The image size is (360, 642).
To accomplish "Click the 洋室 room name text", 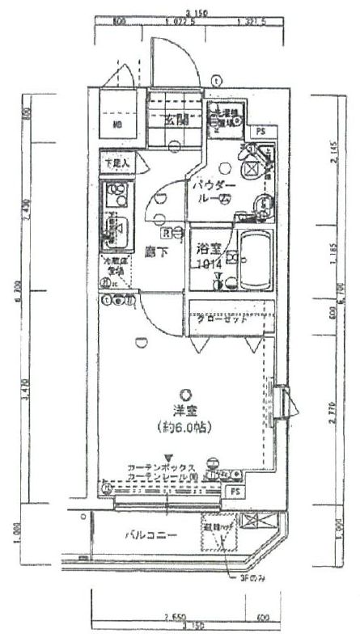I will coord(187,410).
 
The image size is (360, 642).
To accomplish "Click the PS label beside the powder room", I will coord(260,130).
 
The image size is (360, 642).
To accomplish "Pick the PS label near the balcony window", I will coord(235,491).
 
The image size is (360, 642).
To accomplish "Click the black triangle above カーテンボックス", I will coord(168,456).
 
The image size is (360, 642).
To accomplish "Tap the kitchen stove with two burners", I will coord(116,193).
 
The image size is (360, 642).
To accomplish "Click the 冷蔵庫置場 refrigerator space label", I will coord(112,266).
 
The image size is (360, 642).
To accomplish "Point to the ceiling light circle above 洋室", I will coord(187,393).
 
